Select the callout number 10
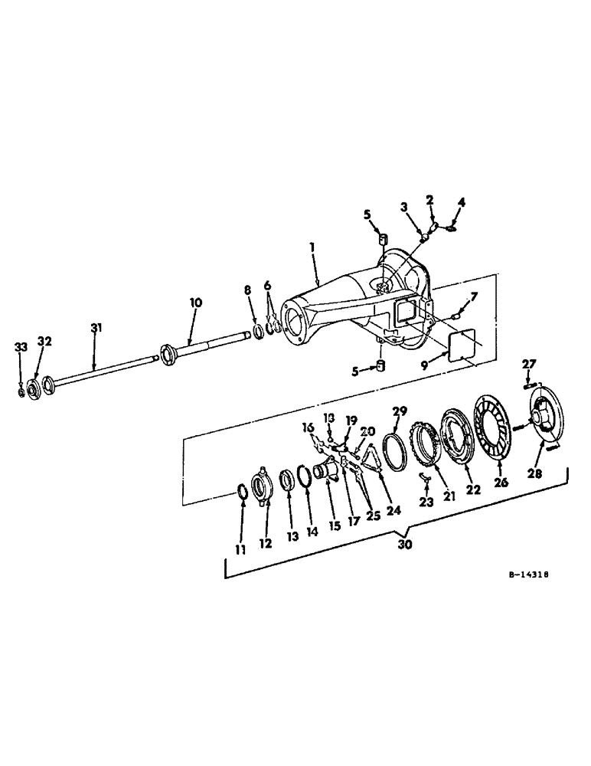click(196, 303)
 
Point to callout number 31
click(96, 328)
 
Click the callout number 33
click(21, 347)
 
